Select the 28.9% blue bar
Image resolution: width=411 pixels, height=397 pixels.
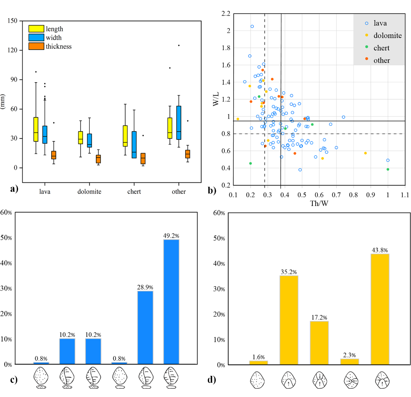point(145,327)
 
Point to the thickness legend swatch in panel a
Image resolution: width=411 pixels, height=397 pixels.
point(36,46)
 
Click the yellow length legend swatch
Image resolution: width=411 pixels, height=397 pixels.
point(36,29)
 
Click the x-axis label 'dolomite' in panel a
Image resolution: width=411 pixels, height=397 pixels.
point(89,192)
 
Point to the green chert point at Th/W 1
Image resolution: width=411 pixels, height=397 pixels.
point(388,169)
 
